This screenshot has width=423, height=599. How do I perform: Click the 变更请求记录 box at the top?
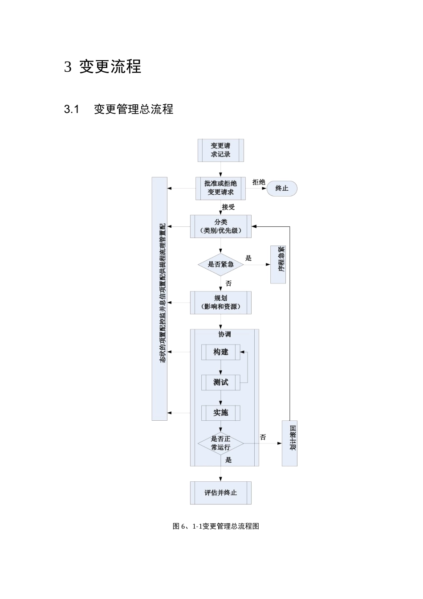(220, 150)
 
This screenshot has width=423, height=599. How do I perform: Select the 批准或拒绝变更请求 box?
(220, 188)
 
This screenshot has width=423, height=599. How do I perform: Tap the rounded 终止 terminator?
(282, 189)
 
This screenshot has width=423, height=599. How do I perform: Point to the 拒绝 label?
(259, 182)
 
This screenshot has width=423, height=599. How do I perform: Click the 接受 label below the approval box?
(228, 207)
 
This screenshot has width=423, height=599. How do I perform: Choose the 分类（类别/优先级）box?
(220, 226)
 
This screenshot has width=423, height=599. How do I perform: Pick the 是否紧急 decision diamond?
(220, 264)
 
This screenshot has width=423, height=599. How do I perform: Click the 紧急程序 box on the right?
(278, 264)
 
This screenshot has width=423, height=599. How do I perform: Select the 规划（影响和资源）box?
(220, 303)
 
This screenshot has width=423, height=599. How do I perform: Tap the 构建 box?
(220, 352)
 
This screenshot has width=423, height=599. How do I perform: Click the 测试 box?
(220, 382)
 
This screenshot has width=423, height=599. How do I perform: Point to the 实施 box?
(220, 413)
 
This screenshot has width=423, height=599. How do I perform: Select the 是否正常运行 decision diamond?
(220, 443)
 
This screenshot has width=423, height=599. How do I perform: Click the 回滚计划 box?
(289, 443)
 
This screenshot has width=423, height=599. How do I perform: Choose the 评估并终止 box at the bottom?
(220, 493)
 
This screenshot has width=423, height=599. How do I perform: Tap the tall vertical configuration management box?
(159, 299)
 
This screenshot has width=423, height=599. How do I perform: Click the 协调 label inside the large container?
(224, 334)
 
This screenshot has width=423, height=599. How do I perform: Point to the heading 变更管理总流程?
(134, 109)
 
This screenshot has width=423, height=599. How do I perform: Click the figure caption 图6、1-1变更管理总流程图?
(216, 526)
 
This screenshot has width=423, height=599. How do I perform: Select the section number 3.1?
(71, 109)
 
